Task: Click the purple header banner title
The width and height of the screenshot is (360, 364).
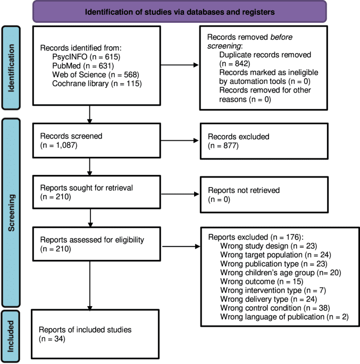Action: tap(179, 11)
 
